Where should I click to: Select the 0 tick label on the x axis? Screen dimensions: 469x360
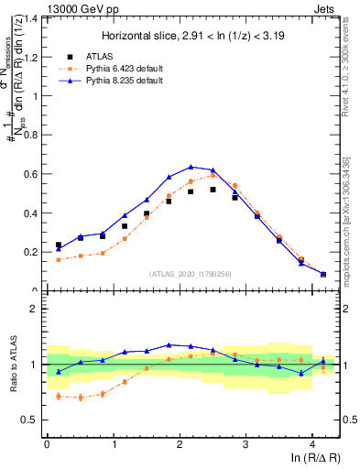pos(47,443)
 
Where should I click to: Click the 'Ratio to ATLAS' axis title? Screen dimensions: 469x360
pos(12,364)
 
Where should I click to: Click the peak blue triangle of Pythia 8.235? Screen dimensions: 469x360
pos(191,167)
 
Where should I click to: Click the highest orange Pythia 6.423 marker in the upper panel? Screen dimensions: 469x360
pos(213,175)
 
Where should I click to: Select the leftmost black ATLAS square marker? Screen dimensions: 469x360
pos(59,245)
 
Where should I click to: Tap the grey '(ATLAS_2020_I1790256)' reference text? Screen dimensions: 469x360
pos(190,274)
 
